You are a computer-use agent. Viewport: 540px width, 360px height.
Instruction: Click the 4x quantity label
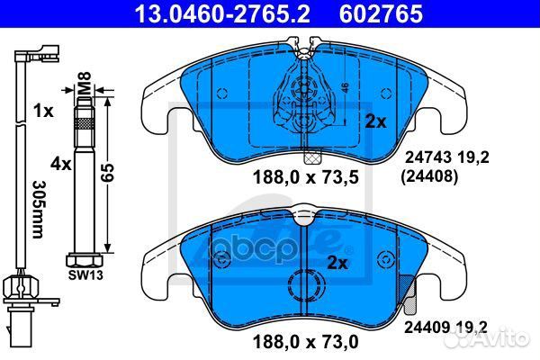60,165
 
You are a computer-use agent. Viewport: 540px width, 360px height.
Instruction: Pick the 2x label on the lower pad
337,264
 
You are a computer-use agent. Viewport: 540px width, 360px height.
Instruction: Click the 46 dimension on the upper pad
345,90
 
